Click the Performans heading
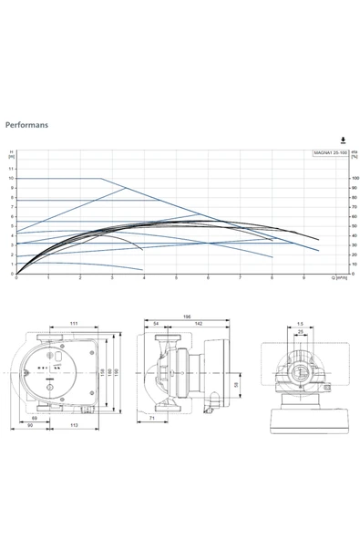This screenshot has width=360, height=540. tap(26, 121)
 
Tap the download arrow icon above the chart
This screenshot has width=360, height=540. tap(343, 140)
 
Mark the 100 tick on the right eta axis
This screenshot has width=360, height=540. tap(355, 179)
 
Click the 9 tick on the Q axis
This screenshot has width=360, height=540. tap(303, 278)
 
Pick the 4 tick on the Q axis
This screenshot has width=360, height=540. tap(144, 278)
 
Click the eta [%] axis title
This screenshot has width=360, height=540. tap(355, 155)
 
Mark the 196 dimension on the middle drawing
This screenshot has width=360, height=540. tap(186, 317)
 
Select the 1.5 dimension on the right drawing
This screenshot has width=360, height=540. tap(299, 324)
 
